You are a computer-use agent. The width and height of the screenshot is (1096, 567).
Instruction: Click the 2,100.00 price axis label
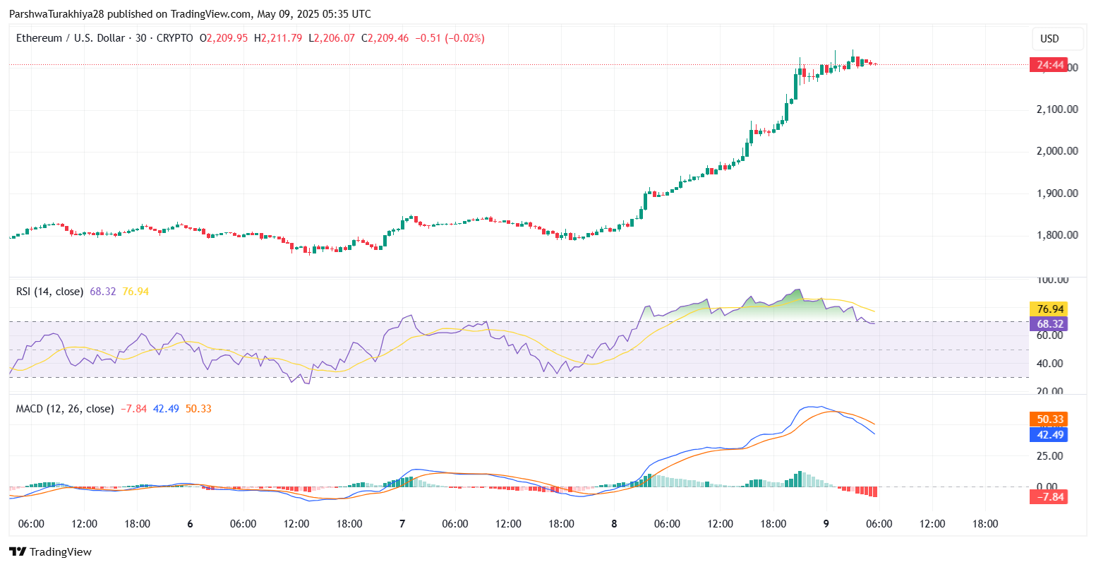(x=1056, y=109)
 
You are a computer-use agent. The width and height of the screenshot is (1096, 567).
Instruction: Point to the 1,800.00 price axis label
(x=1056, y=235)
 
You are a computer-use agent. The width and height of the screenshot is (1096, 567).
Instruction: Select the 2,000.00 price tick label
(x=1056, y=151)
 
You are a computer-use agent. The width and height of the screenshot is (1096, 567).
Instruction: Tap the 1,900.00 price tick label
(x=1056, y=193)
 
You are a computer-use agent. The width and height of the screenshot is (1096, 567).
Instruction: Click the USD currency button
(x=1049, y=39)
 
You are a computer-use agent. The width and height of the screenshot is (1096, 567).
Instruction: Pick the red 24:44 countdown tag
(x=1048, y=65)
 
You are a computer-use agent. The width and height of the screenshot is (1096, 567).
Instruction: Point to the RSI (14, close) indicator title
(x=49, y=292)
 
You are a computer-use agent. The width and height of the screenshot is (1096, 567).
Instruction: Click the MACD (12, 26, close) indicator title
(x=65, y=409)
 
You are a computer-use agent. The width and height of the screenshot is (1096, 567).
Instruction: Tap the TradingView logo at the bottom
(x=50, y=552)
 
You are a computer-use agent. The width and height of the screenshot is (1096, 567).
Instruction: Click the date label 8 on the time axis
(x=614, y=524)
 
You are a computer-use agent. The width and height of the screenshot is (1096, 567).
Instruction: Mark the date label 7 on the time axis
(x=402, y=524)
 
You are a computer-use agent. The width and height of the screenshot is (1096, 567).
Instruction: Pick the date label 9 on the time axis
(x=826, y=524)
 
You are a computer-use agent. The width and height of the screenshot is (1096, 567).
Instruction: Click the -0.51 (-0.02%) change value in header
(x=450, y=38)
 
